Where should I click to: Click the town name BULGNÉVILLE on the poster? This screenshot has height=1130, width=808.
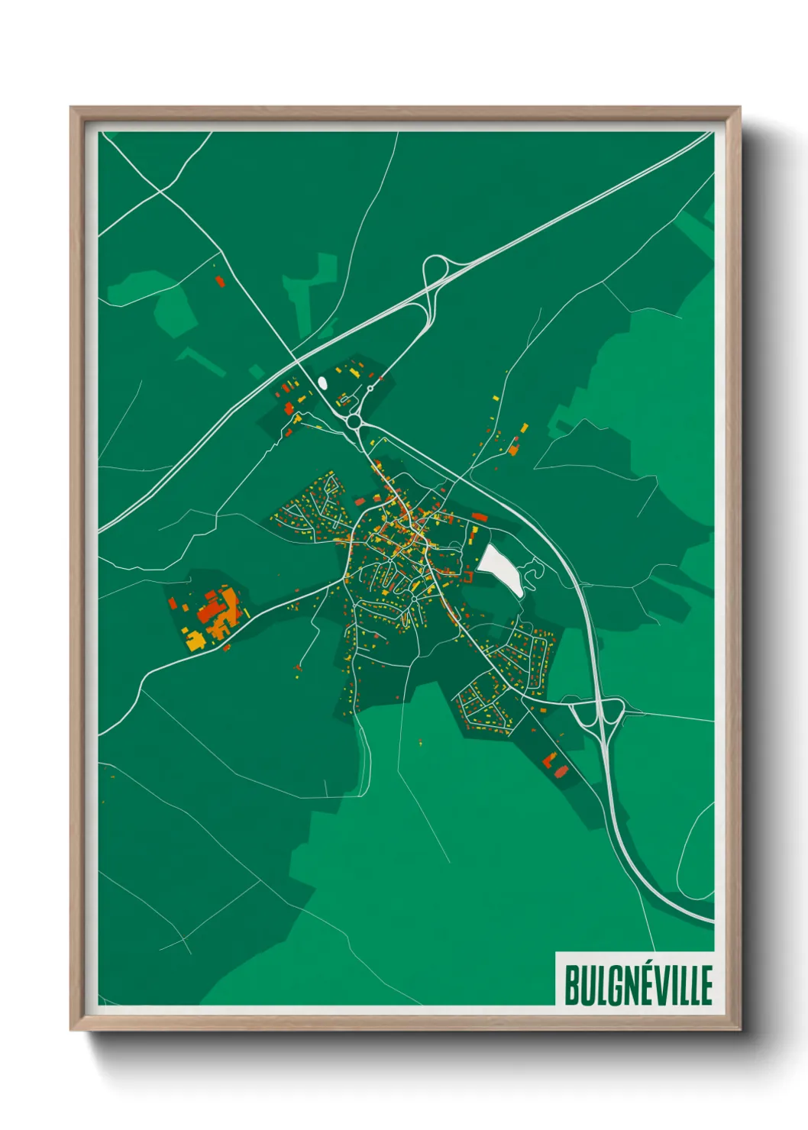click(638, 984)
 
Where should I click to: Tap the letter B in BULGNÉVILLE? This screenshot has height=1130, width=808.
click(572, 984)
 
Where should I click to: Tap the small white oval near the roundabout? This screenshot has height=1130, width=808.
click(322, 382)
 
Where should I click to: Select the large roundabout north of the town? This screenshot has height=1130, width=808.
click(353, 420)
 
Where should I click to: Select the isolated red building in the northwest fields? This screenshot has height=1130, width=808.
click(220, 282)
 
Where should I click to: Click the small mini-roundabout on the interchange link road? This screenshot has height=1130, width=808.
click(370, 389)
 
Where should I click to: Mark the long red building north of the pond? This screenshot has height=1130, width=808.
click(480, 518)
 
